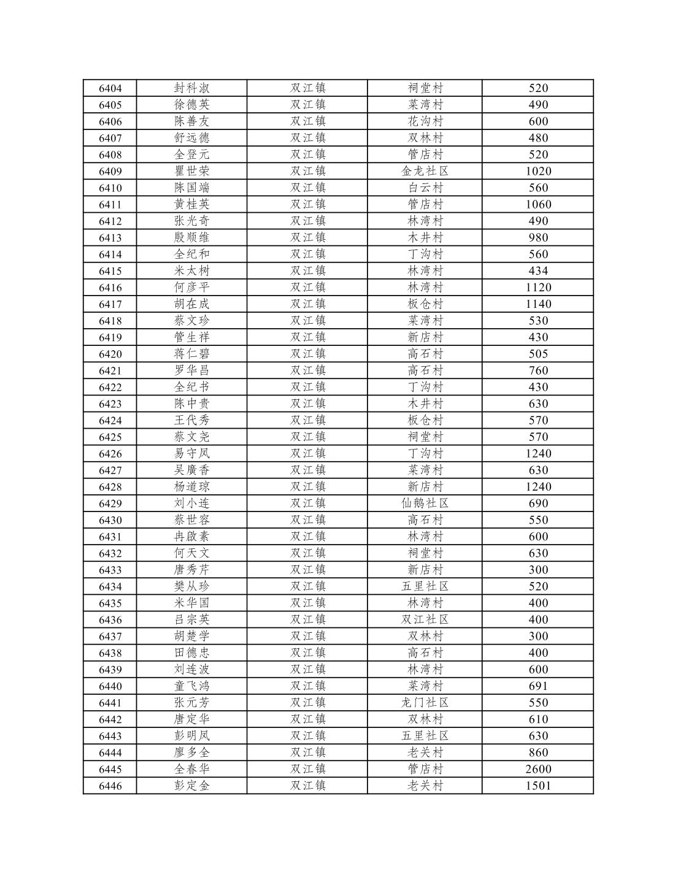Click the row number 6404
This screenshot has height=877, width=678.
110,88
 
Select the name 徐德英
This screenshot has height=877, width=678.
191,105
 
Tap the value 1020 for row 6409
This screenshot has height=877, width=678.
538,171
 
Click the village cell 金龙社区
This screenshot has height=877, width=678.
425,171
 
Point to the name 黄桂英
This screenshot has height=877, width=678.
191,204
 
